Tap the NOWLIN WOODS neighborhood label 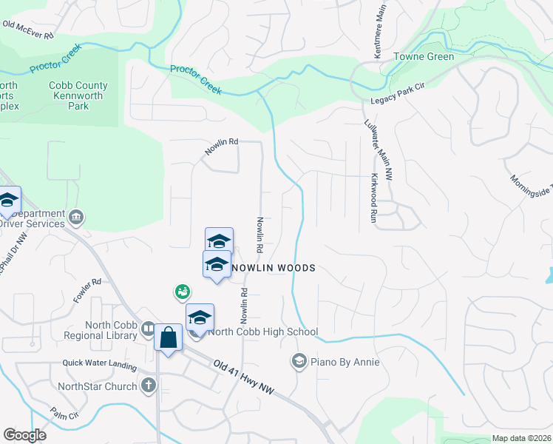click(x=274, y=268)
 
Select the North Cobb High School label click(x=263, y=332)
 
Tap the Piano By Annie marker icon click(x=299, y=361)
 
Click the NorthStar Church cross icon click(x=149, y=386)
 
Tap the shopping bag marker click(x=169, y=338)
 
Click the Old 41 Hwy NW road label click(x=244, y=378)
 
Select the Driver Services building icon click(x=76, y=217)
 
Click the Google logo click(x=25, y=435)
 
